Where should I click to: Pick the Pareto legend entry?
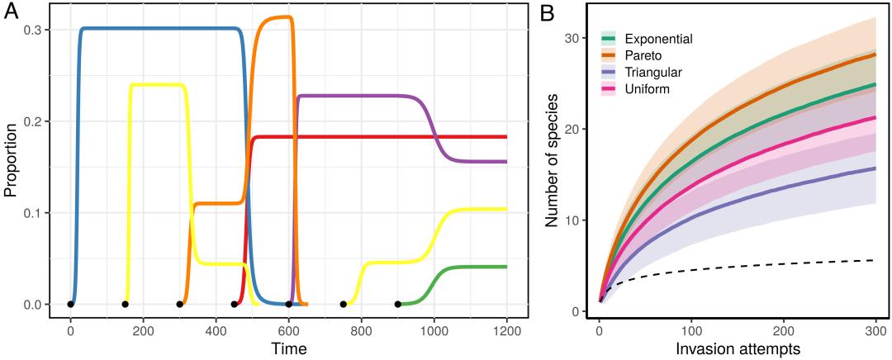pos(645,55)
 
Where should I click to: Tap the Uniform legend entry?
pos(646,88)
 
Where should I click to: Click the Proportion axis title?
pos(10,168)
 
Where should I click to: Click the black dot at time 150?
pos(125,305)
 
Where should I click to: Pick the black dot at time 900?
pos(397,305)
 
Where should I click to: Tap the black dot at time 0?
pos(70,305)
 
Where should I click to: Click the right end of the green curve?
pos(505,267)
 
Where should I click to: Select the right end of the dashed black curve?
pos(874,260)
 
